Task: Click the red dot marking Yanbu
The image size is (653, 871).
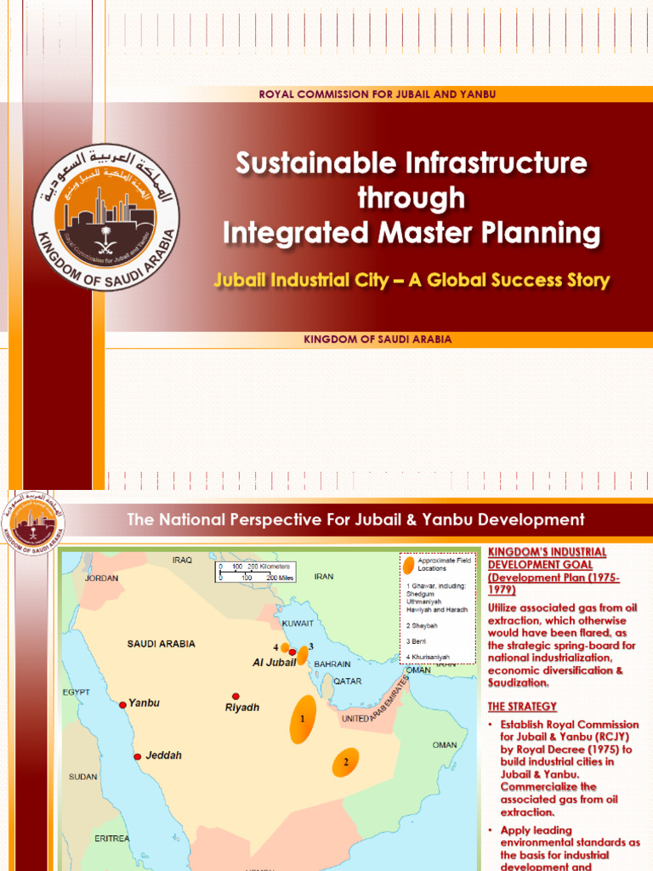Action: tap(122, 704)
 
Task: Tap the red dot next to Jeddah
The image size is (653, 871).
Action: tap(137, 756)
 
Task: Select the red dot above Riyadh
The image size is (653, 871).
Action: tap(236, 696)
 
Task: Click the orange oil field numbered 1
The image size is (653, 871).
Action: tap(302, 719)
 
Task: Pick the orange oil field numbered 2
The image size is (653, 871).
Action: tap(345, 763)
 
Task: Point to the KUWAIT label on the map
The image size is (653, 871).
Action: tap(298, 623)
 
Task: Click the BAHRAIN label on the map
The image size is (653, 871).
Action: tap(332, 663)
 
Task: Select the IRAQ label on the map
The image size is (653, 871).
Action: tap(183, 561)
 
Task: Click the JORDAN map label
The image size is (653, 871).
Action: tap(101, 578)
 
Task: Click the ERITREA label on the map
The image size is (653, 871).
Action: tap(112, 838)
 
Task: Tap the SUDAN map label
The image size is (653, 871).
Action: tap(82, 777)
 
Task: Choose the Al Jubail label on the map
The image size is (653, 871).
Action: tap(274, 662)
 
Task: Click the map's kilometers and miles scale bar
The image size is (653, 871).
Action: tap(254, 571)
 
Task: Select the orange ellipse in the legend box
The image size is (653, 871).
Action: tap(410, 564)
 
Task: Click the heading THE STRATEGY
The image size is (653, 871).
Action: tap(522, 706)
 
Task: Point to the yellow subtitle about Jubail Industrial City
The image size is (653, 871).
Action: tap(412, 280)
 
